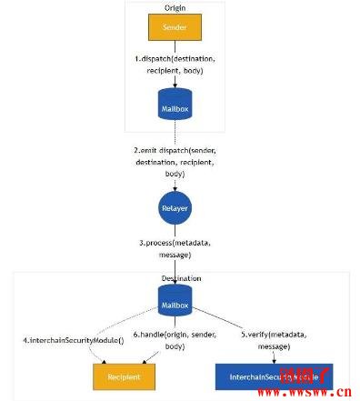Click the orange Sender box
(x=175, y=27)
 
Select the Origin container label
(x=175, y=7)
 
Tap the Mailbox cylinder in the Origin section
(x=175, y=107)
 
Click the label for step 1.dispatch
(x=175, y=64)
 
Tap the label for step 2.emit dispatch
(x=175, y=160)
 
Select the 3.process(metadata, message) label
(x=175, y=250)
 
